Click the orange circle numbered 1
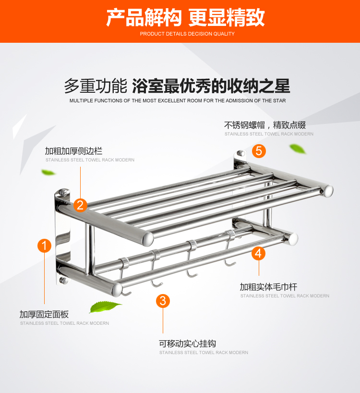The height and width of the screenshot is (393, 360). (x=44, y=246)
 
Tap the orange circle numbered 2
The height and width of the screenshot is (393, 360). (x=80, y=205)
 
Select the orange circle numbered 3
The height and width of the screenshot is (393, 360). (x=163, y=301)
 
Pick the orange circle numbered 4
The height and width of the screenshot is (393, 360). (x=258, y=253)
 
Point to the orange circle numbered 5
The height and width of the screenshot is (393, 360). (x=259, y=151)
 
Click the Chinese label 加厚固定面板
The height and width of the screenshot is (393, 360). (x=44, y=314)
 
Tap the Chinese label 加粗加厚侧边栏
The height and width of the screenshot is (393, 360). (x=73, y=151)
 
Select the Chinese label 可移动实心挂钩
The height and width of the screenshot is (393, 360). (x=187, y=344)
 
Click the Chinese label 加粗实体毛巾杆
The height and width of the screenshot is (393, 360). (x=268, y=287)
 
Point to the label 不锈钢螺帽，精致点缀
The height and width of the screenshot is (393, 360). (x=265, y=125)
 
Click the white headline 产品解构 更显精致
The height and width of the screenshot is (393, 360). (x=185, y=17)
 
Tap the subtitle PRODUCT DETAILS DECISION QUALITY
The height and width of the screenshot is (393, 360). (x=187, y=34)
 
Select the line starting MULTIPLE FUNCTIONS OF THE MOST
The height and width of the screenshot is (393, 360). (x=178, y=100)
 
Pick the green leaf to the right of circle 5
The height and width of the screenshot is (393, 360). (x=298, y=148)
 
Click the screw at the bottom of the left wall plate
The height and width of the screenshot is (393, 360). (x=63, y=280)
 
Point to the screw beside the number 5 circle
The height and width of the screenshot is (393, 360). (x=241, y=153)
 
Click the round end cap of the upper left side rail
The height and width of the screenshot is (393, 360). (x=148, y=239)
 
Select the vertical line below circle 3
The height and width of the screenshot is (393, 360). (x=163, y=320)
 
